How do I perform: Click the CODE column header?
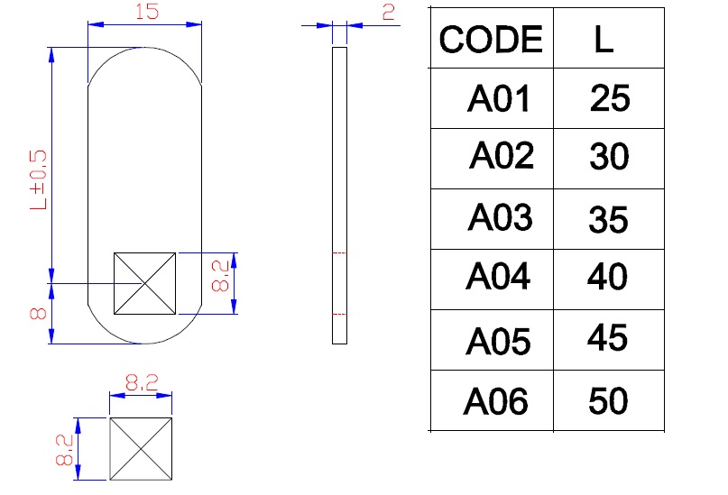(491, 40)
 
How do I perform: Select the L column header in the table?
(604, 40)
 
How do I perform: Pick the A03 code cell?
(500, 218)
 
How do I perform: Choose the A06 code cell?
(495, 401)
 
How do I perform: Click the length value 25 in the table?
(610, 98)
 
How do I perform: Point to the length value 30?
(609, 158)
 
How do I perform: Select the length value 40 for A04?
(607, 277)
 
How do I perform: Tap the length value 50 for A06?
(607, 401)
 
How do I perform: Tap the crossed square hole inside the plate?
(144, 283)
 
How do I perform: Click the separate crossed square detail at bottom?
(141, 448)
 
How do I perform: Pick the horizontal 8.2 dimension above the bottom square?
(141, 383)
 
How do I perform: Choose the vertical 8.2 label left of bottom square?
(64, 448)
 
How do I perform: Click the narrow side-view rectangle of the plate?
(339, 195)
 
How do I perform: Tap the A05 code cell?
(498, 341)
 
